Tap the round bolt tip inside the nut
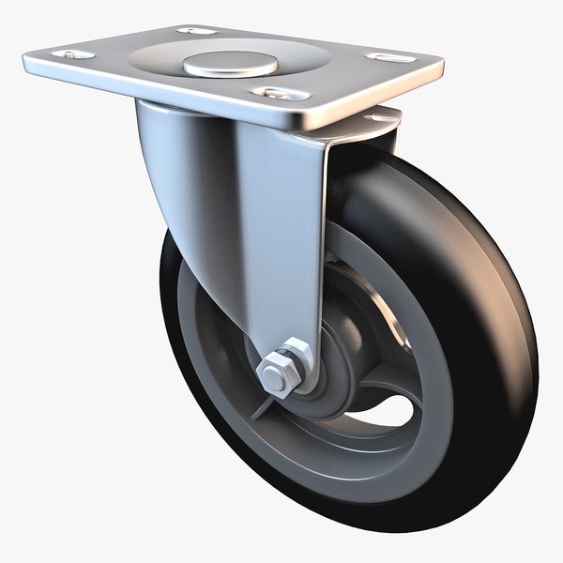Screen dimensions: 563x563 [x=275, y=377]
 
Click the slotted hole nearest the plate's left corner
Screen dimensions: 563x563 [x=73, y=55]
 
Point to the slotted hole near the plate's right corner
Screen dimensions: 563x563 [x=391, y=58]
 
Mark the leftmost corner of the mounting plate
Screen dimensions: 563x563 [x=26, y=60]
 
